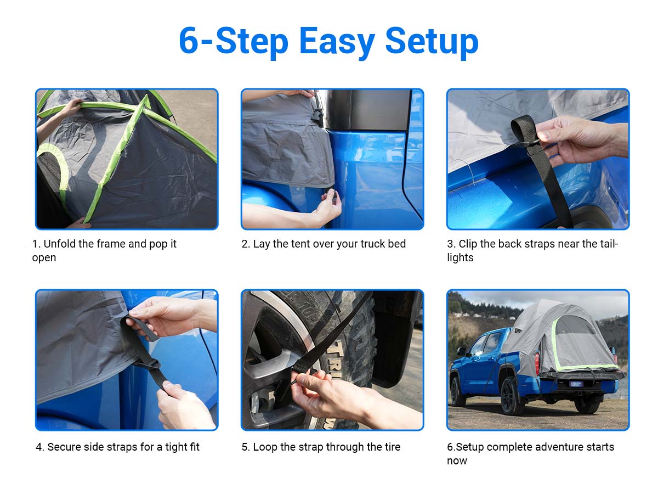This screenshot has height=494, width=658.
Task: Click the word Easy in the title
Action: (x=337, y=42)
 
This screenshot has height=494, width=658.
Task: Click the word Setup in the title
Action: (x=432, y=42)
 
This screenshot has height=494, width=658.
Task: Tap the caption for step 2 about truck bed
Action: (x=324, y=244)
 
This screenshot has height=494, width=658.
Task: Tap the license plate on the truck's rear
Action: (x=576, y=384)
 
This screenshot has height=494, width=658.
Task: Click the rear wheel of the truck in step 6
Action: (x=510, y=395)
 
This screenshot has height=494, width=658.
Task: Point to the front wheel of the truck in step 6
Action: (x=456, y=391)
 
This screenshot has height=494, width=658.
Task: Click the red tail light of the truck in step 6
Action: (x=537, y=360)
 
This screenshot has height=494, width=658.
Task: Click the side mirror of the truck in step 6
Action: (x=461, y=351)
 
